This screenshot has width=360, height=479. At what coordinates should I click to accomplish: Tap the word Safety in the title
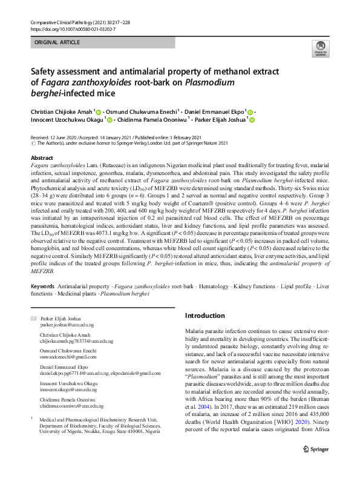(x=45, y=71)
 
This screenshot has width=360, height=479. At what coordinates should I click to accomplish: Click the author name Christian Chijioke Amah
(x=61, y=112)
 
